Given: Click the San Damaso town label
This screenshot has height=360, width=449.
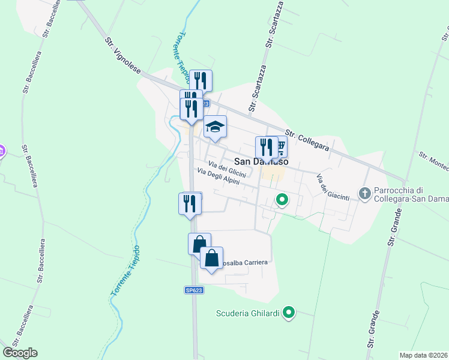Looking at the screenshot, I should coord(261,161).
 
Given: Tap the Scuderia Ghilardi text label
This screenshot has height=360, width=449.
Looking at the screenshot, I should coord(249,312).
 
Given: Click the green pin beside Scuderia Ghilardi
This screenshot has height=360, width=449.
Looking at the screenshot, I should coord(289,312).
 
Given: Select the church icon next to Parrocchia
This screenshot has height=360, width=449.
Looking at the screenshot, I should coord(364,193).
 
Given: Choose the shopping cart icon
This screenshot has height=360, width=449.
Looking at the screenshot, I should coord(280,146).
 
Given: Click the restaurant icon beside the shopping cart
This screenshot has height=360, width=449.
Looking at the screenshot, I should coord(266,147).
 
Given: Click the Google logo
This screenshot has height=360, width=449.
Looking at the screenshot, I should coord(20,353).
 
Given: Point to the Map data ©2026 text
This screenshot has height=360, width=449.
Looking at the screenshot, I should coord(423,355).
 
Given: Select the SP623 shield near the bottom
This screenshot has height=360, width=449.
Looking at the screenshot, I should coord(193,290).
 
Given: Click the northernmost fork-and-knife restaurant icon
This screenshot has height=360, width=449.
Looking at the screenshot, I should coord(200,80).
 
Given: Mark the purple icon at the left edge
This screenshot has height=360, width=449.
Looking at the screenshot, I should coord(2,150).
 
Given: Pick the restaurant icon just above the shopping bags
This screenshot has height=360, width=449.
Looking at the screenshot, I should coord(190,203).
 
